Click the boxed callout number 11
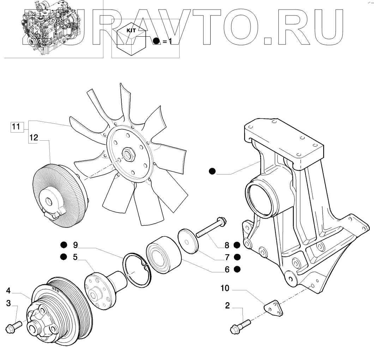click(x=16, y=127)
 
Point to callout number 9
click(x=75, y=244)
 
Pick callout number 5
click(x=75, y=257)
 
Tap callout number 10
click(x=225, y=288)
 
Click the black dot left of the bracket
click(x=212, y=172)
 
